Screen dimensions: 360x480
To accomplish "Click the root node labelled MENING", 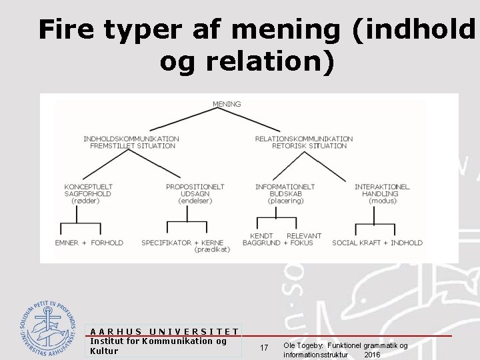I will point(227,104).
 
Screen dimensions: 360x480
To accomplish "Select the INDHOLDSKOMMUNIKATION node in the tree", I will point(131,142).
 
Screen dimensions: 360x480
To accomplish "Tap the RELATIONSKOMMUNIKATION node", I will point(304,142).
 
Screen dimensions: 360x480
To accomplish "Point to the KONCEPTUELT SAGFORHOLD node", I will point(88,190).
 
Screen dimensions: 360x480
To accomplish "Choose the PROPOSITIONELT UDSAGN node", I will point(195,190).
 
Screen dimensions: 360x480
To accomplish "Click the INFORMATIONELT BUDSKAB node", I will point(285,190).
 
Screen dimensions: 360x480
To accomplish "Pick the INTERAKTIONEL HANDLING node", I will point(382,190).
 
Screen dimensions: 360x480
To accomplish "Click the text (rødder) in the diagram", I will point(85,201).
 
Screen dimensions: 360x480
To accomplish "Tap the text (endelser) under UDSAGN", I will point(195,201).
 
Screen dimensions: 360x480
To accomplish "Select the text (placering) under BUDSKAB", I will point(285,201).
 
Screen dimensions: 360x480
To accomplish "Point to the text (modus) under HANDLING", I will point(383,201).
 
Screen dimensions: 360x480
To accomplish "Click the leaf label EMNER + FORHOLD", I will point(89,243).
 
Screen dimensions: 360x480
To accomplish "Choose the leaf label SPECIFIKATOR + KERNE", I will point(183,243).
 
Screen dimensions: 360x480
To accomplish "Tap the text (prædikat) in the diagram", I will point(212,250).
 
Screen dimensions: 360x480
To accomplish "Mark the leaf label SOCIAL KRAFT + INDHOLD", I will point(377,243).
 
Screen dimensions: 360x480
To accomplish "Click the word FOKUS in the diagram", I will point(302,243).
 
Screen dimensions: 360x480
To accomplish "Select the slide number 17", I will point(264,348).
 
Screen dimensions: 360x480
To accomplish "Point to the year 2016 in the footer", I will point(372,355).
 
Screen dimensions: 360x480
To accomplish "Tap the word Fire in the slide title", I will point(64,31).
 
